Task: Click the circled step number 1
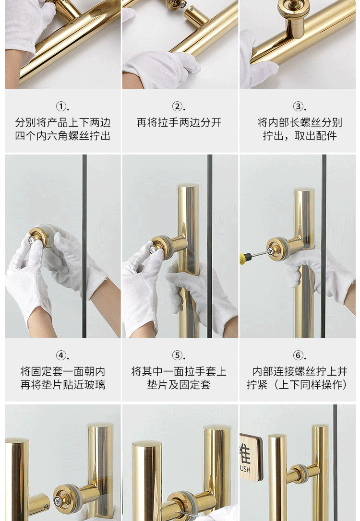61,107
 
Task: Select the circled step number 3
298,107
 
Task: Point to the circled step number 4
61,355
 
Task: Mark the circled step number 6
298,355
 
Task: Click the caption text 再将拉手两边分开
179,122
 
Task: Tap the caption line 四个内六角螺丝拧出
63,136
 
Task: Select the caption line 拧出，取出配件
300,136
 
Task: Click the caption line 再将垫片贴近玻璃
63,385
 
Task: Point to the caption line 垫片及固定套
179,385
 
